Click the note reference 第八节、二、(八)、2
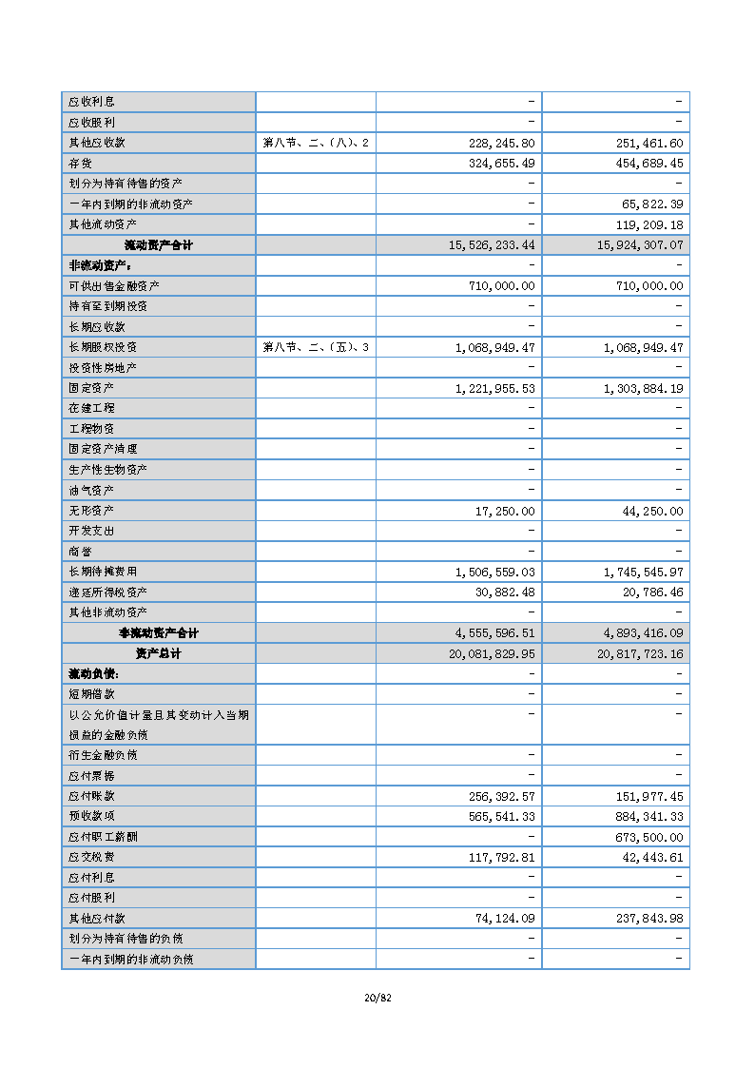pos(315,143)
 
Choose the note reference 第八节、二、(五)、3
pos(315,347)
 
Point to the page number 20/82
pos(377,998)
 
